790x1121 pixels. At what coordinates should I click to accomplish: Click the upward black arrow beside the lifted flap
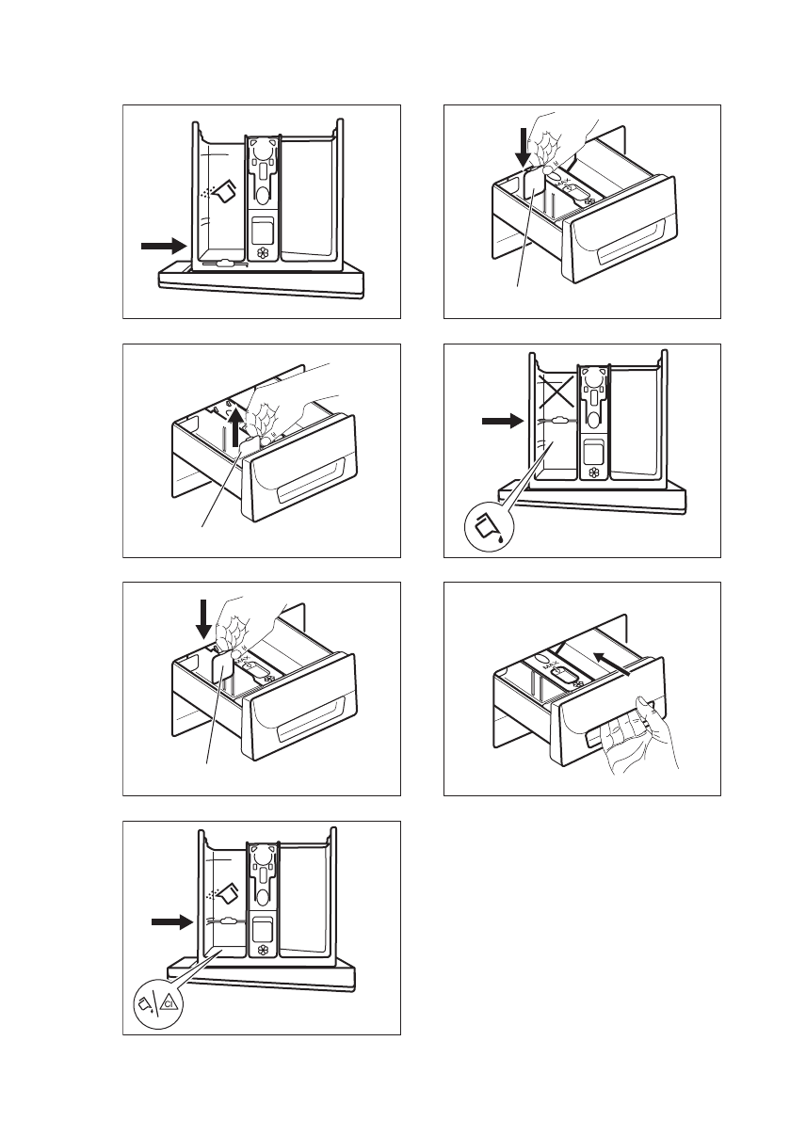234,430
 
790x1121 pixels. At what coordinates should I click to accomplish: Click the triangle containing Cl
169,1004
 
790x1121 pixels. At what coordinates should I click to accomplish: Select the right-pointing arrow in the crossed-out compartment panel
500,423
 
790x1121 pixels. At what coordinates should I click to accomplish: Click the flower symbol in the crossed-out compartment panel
593,472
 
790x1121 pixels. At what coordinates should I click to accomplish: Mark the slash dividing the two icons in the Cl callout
157,1004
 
